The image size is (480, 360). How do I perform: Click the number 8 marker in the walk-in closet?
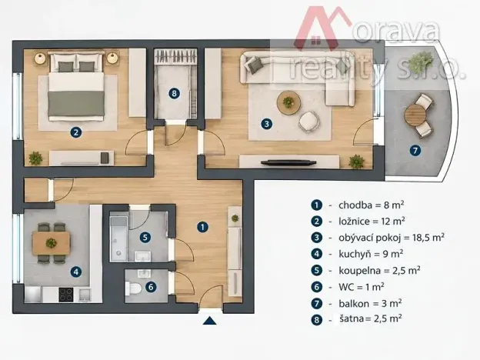(x=174, y=93)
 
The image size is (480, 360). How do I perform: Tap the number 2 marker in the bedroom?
(x=75, y=132)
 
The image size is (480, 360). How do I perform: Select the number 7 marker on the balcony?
(x=415, y=150)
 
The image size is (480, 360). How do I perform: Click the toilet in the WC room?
(x=133, y=288)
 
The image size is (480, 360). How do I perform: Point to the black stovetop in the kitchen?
(x=66, y=295)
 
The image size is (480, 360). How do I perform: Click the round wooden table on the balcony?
(x=415, y=115)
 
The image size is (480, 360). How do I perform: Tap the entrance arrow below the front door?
(x=210, y=321)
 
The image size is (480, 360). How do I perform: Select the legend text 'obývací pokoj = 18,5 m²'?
(x=392, y=238)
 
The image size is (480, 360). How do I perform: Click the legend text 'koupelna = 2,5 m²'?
(x=379, y=270)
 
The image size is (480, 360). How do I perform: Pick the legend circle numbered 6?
(x=316, y=287)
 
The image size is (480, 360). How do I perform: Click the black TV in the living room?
(x=288, y=162)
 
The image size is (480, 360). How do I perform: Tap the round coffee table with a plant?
(x=288, y=102)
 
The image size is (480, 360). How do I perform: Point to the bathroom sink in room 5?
(x=142, y=256)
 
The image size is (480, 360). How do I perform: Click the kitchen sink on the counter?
(x=85, y=295)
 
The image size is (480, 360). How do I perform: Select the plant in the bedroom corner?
(x=35, y=158)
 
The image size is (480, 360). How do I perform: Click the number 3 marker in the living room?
(x=266, y=124)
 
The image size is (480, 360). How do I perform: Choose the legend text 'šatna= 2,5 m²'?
(x=371, y=318)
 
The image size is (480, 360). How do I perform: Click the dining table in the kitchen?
(x=52, y=243)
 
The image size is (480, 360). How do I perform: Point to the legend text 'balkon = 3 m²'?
(x=370, y=303)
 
